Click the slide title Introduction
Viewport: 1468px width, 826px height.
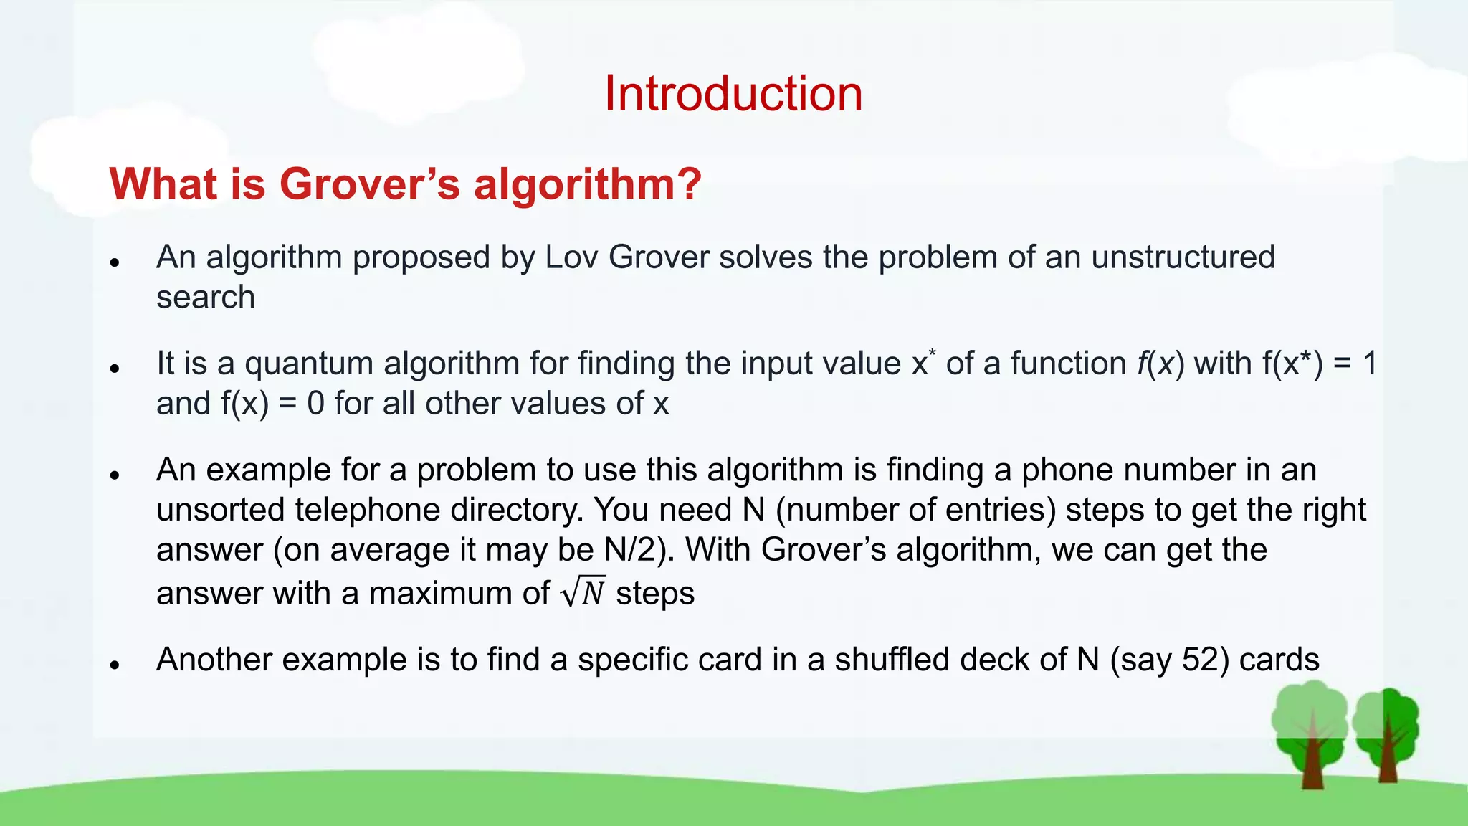click(733, 93)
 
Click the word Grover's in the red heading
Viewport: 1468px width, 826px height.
click(369, 184)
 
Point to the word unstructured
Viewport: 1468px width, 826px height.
click(1183, 257)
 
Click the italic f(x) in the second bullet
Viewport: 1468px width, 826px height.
click(1160, 364)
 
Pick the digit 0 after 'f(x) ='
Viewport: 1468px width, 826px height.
click(315, 404)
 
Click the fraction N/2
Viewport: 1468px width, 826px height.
click(631, 550)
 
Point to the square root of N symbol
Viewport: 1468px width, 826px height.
click(583, 592)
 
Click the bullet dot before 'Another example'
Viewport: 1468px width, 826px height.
click(115, 665)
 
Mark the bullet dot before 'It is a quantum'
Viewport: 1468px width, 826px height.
click(115, 369)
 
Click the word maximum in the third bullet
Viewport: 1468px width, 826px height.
click(459, 594)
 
